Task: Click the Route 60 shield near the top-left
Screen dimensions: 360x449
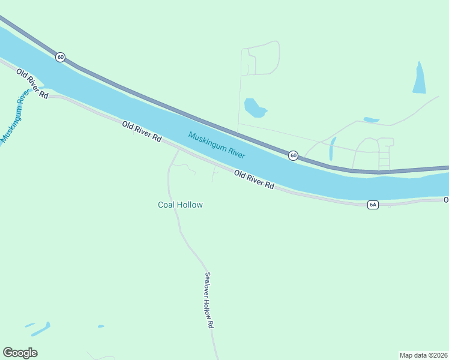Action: [x=60, y=57]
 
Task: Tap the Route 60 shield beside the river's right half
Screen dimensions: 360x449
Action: [x=293, y=155]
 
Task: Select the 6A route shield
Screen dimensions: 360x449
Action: [x=373, y=205]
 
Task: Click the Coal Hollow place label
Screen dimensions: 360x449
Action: [x=180, y=205]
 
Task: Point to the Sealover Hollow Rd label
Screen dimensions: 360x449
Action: [x=209, y=300]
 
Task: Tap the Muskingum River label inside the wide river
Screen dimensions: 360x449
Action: [x=217, y=145]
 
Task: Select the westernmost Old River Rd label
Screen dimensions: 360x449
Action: [x=32, y=84]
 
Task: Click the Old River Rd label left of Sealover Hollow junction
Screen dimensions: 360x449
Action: [x=142, y=131]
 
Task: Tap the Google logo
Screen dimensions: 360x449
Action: [x=20, y=353]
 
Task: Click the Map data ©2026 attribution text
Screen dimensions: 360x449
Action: [x=423, y=355]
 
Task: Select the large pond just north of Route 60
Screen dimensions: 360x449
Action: [x=254, y=108]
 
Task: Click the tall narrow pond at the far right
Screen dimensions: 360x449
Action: [x=419, y=78]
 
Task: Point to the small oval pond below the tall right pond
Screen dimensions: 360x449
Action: [x=372, y=119]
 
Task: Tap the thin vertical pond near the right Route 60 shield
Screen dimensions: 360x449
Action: [x=332, y=149]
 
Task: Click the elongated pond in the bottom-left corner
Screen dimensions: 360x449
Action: [x=41, y=329]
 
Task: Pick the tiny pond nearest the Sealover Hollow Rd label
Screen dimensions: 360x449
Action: [x=101, y=326]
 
